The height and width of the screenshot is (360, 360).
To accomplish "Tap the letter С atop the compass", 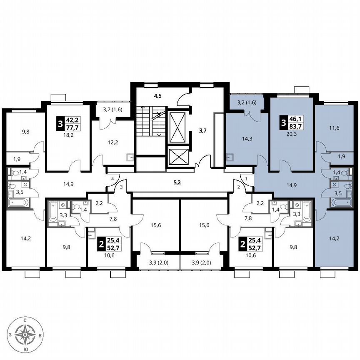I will [26, 320].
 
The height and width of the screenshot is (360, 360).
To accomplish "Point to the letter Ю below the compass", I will [26, 349].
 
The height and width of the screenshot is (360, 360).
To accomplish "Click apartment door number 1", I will [247, 179].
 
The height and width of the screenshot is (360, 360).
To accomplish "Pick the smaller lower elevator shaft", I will [178, 156].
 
